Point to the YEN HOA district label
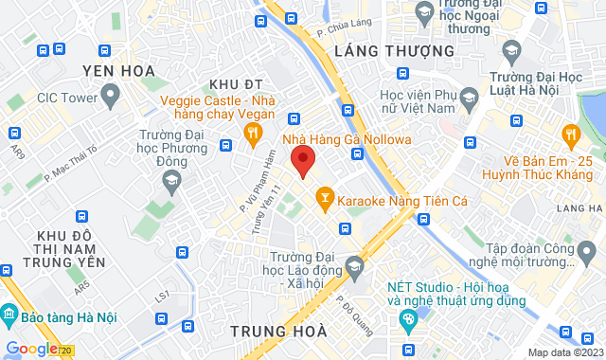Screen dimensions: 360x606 click(118, 71)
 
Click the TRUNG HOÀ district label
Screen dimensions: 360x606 click(279, 332)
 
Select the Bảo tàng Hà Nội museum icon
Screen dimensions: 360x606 click(9, 314)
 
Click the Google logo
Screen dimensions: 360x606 click(31, 349)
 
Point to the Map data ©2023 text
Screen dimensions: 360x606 click(563, 352)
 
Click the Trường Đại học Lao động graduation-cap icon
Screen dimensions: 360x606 click(355, 263)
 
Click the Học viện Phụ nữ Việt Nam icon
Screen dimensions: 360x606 click(468, 96)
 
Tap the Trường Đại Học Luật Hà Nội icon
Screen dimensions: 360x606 click(511, 49)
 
